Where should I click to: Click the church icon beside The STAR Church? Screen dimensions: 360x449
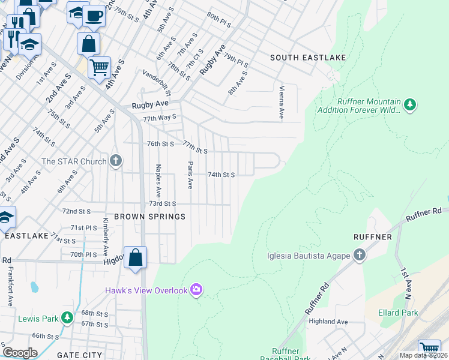(x=116, y=161)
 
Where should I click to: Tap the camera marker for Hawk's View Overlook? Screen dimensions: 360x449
(x=196, y=290)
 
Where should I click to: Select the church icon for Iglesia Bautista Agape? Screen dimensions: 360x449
(x=359, y=256)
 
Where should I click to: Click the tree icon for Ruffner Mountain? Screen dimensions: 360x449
(x=410, y=106)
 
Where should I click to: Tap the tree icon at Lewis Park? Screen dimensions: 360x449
(x=68, y=317)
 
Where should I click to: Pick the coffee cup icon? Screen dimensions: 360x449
(x=93, y=16)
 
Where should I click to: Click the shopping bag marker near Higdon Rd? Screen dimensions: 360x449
(x=136, y=257)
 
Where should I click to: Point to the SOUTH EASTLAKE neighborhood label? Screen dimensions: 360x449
(x=308, y=58)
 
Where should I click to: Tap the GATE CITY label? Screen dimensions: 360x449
(x=79, y=355)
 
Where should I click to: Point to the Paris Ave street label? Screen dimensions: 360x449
(x=190, y=175)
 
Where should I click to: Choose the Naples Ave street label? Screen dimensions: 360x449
(x=158, y=181)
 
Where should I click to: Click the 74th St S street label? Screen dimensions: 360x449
(x=220, y=175)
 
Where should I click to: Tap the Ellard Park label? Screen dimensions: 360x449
(x=398, y=313)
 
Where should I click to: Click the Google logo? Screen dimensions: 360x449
(x=20, y=353)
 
